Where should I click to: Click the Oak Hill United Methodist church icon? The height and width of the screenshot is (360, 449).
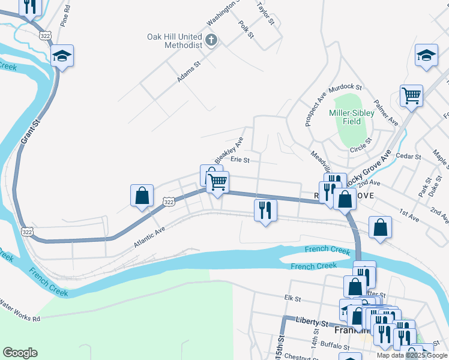(211, 41)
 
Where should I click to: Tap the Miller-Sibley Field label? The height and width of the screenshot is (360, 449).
(352, 117)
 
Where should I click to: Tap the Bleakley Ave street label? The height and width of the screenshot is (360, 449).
(229, 149)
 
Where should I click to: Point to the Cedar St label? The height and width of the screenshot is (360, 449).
(409, 157)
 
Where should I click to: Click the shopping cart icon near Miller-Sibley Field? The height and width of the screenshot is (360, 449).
(411, 95)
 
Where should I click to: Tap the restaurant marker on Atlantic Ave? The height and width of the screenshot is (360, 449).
(264, 210)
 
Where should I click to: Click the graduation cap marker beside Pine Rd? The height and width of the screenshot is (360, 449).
(62, 55)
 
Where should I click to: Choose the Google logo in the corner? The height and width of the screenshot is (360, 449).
(20, 353)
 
